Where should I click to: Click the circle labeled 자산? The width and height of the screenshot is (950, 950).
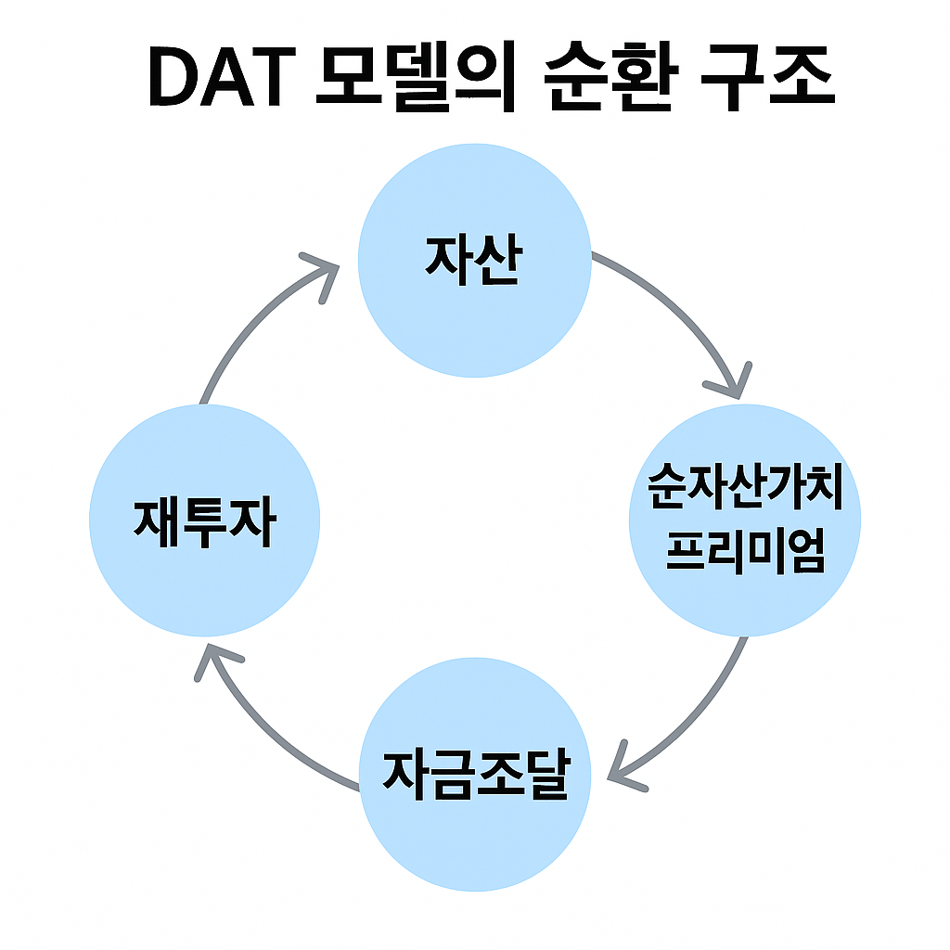474,306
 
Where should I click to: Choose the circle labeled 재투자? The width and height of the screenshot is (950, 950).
204,557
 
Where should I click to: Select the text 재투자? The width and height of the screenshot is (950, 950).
204,522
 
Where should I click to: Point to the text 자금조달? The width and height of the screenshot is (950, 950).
474,773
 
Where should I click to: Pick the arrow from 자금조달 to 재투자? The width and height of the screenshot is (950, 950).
269,733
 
